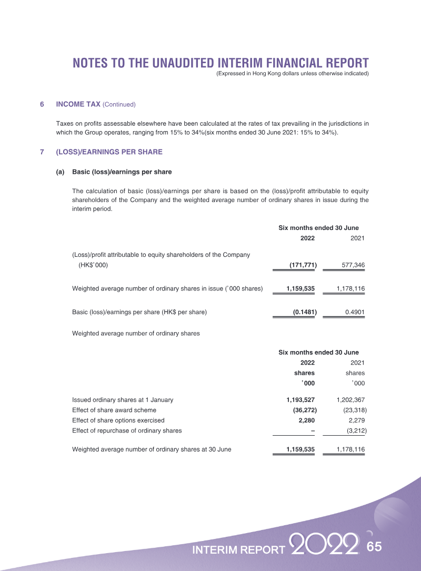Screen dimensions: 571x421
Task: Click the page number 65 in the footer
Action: pyautogui.click(x=374, y=547)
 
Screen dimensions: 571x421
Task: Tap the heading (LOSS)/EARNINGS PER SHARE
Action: pyautogui.click(x=109, y=152)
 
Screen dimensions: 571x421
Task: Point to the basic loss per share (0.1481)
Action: pyautogui.click(x=305, y=312)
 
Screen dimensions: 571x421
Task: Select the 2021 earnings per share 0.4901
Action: pyautogui.click(x=355, y=312)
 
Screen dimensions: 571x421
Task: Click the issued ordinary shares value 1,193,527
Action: pyautogui.click(x=300, y=400)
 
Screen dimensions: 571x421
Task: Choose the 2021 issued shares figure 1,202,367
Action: pyautogui.click(x=350, y=400)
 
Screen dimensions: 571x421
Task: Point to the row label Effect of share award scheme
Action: pyautogui.click(x=114, y=410)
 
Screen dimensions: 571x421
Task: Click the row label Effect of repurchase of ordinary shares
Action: pyautogui.click(x=127, y=430)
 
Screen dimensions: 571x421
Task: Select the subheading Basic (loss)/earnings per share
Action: pyautogui.click(x=122, y=172)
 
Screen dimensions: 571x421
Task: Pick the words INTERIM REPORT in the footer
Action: pyautogui.click(x=239, y=550)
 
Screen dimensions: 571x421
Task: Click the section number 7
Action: pyautogui.click(x=42, y=152)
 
